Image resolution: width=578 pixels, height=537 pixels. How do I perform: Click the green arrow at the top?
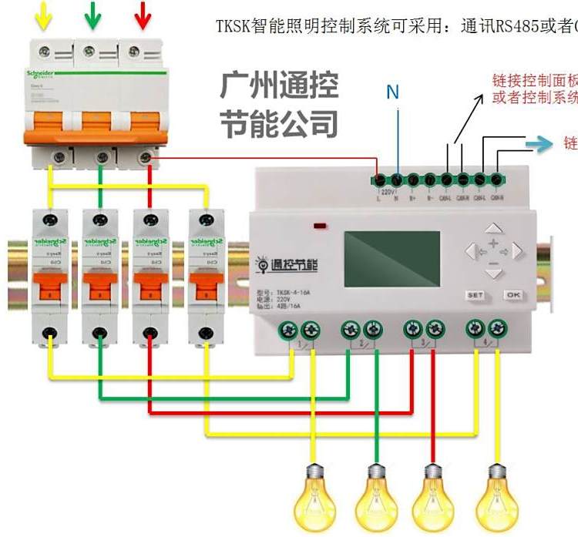pos(93,15)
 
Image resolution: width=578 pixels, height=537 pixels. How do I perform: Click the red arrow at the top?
pos(142,15)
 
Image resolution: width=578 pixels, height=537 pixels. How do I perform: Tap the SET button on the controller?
pos(475,295)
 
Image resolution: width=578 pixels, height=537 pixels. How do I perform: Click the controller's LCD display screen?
pos(391,259)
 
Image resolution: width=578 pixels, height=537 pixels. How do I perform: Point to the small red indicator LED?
pos(320,227)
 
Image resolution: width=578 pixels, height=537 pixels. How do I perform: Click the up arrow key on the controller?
pos(494,230)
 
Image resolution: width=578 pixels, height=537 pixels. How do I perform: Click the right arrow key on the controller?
pos(517,251)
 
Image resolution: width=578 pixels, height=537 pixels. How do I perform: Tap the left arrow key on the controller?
pos(471,251)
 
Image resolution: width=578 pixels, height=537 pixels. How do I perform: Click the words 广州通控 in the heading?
pos(279,86)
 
